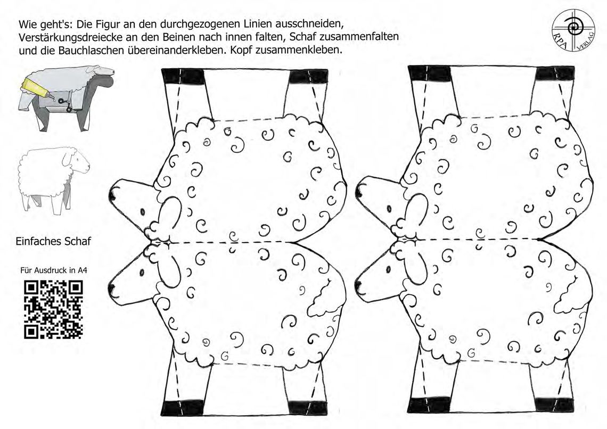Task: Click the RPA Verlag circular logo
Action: tap(573, 30)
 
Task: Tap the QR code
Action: tap(53, 309)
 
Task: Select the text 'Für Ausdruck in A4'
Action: tap(54, 270)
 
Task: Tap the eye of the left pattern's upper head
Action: tap(142, 212)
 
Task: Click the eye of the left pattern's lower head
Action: tap(142, 273)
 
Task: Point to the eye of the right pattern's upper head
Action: tap(389, 209)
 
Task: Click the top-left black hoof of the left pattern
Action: tap(183, 76)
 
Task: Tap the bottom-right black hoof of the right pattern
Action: tap(554, 405)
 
